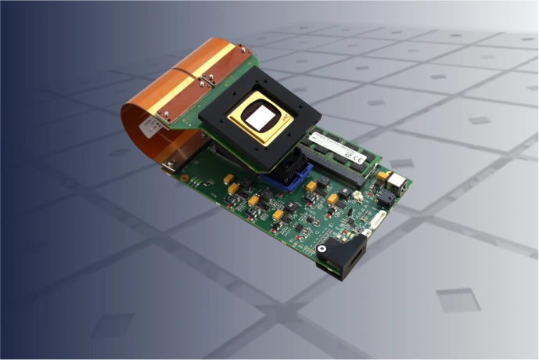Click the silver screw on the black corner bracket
click(x=322, y=250)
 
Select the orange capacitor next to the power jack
click(x=383, y=175)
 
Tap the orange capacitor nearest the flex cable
click(x=229, y=181)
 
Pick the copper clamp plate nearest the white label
click(x=163, y=117)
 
